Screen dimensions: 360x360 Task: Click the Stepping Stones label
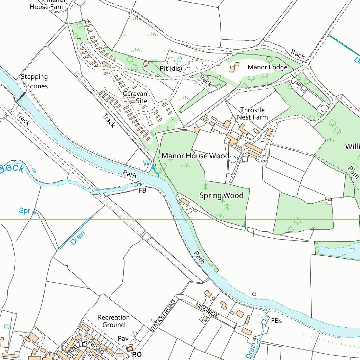click(34, 81)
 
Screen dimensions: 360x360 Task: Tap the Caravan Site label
click(135, 97)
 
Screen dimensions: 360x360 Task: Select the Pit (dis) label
click(171, 69)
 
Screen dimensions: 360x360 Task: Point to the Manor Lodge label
click(268, 67)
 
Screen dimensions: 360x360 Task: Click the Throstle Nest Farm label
click(252, 114)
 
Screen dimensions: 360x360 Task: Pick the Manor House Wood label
click(195, 156)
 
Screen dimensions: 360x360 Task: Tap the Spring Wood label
click(221, 195)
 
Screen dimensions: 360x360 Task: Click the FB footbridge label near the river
click(142, 190)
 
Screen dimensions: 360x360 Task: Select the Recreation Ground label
click(114, 321)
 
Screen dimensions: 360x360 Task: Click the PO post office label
click(137, 355)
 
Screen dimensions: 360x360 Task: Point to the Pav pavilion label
click(123, 339)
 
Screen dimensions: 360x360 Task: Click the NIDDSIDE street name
click(207, 310)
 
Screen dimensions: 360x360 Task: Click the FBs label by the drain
click(276, 321)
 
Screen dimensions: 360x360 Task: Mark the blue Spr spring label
click(25, 211)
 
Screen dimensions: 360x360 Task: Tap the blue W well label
click(146, 163)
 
